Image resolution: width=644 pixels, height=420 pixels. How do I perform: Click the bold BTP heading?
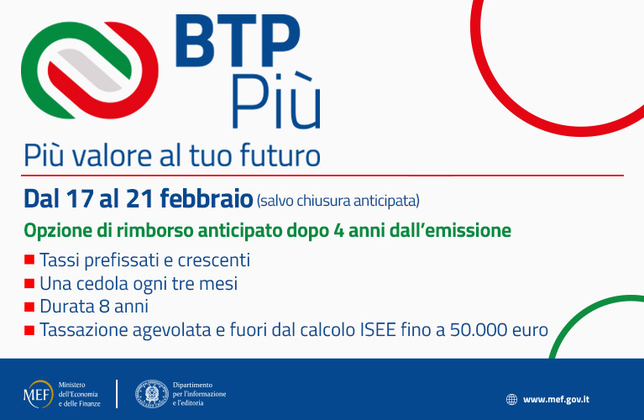(238, 40)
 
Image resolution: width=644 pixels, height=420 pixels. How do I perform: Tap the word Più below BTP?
(275, 102)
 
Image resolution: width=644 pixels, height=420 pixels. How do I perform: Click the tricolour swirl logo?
(90, 70)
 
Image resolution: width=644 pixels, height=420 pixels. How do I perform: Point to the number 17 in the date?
(79, 199)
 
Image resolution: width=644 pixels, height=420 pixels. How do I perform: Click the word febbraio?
(207, 198)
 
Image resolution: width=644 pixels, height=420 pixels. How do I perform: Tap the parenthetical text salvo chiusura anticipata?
(338, 201)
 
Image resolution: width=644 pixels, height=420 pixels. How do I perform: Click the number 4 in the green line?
(338, 231)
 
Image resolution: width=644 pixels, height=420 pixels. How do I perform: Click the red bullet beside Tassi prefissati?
(29, 260)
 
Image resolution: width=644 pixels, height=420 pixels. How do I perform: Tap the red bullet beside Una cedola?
(29, 284)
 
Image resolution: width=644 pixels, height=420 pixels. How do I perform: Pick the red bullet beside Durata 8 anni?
(29, 307)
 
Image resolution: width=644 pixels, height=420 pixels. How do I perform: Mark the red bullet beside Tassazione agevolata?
(29, 330)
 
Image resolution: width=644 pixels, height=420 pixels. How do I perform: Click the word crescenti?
(214, 260)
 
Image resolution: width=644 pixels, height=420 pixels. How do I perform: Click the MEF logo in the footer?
(39, 394)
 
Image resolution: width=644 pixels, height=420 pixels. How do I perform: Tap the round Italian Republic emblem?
(152, 394)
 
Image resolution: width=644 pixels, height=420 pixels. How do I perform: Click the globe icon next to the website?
(511, 400)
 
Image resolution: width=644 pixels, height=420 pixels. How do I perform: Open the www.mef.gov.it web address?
(556, 400)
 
